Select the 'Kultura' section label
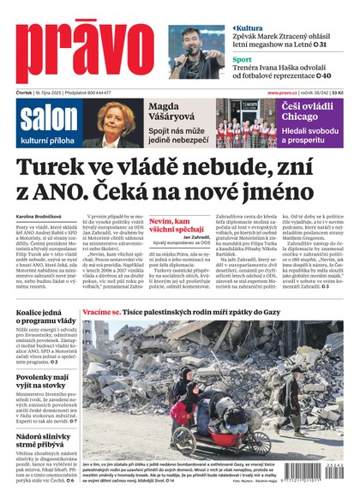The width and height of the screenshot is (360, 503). (248, 28)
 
